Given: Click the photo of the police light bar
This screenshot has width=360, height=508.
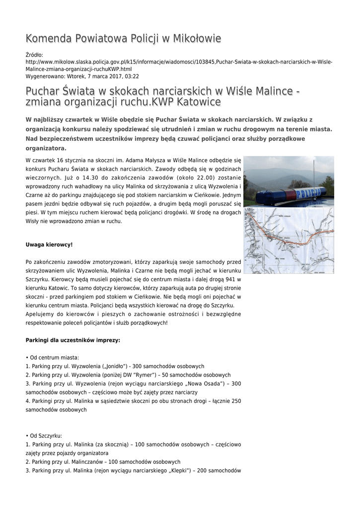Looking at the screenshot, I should pos(288,181).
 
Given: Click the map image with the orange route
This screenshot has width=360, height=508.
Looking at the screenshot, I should pos(288,240).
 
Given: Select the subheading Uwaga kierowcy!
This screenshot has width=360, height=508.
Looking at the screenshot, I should pos(49,245).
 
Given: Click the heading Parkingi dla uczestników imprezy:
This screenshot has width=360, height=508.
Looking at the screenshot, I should pos(72,340).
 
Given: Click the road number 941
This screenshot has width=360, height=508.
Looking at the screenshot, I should pos(225,279).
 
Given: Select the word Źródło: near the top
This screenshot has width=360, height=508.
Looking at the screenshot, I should pos(34,55).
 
